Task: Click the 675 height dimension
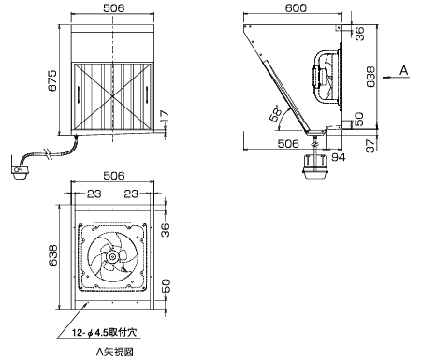(x=52, y=80)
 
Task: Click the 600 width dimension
(x=296, y=7)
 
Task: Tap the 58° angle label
(x=275, y=114)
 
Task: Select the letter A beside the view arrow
(x=404, y=70)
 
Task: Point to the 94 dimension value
(x=338, y=157)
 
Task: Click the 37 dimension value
(x=370, y=146)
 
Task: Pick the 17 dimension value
(x=165, y=116)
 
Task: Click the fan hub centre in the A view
(x=111, y=257)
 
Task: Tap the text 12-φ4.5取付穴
(x=104, y=333)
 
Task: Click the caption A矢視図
(x=115, y=352)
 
